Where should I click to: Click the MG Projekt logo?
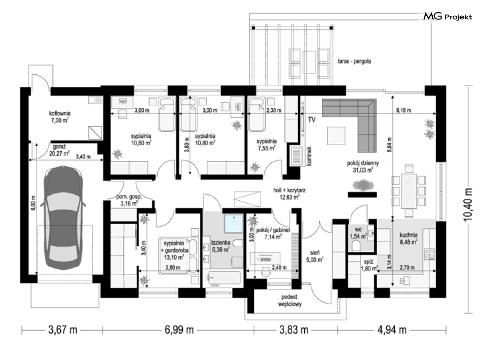(448, 16)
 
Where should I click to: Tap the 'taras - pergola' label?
(354, 61)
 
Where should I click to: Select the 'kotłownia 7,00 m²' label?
(60, 116)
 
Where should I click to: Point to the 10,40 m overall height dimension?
(468, 205)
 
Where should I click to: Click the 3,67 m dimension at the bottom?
(63, 329)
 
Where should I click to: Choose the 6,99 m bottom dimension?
(179, 329)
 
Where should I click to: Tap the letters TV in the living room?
(312, 120)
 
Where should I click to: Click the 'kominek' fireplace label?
(309, 156)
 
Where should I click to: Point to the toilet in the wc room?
(356, 246)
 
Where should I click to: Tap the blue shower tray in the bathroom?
(234, 223)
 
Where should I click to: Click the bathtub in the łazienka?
(224, 278)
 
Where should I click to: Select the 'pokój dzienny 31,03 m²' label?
(363, 167)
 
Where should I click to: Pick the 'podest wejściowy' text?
(290, 300)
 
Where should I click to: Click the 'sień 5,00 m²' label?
(314, 256)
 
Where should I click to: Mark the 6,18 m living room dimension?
(404, 110)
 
